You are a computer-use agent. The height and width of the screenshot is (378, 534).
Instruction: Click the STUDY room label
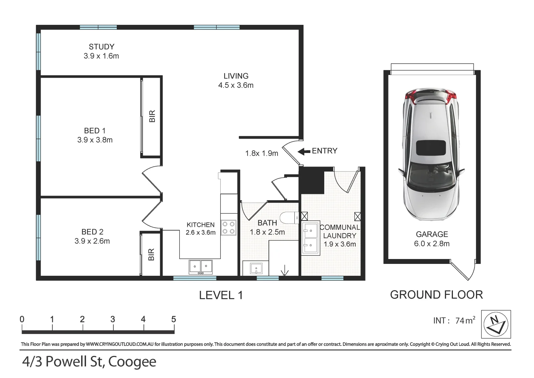pos(101,47)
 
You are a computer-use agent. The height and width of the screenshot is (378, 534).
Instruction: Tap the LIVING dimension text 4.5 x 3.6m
pos(236,85)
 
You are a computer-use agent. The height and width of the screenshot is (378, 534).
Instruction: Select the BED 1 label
pos(95,131)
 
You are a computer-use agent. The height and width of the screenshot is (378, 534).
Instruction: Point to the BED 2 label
pos(92,232)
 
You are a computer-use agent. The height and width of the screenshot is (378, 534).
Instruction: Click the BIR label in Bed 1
pos(152,116)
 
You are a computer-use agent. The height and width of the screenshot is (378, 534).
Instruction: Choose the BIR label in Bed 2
pos(151,254)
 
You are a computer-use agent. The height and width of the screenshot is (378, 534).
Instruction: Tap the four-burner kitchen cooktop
pos(228,227)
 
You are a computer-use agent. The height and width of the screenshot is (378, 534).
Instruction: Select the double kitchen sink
pos(200,267)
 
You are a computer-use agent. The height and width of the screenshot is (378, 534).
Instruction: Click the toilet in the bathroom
pos(289,218)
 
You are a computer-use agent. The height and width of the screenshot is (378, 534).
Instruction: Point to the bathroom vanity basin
pos(256,269)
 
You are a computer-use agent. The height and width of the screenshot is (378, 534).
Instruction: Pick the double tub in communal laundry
pos(311,238)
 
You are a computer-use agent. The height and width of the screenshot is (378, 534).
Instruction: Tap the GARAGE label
pos(432,234)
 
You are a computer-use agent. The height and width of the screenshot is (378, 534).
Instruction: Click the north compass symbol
pos(496,324)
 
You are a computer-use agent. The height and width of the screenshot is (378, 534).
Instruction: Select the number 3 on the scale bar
pos(113,319)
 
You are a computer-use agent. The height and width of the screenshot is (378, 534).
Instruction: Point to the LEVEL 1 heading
pos(221,295)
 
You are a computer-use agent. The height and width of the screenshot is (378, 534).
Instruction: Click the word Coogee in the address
pos(132,362)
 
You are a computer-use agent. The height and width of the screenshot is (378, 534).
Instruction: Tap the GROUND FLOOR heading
pos(436,295)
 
